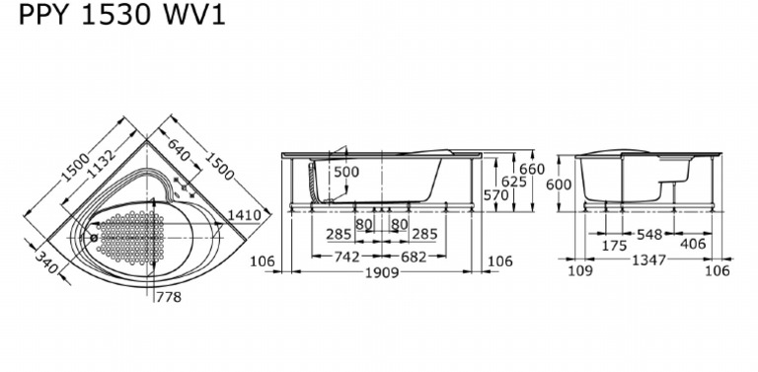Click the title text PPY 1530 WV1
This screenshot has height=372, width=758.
(121, 15)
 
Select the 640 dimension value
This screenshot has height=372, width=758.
(179, 150)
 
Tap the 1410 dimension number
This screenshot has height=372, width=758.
(244, 214)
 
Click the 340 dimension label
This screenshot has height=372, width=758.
(46, 263)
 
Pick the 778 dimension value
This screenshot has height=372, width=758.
(169, 297)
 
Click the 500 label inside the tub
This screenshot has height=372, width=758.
(346, 172)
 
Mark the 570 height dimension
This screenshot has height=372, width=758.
(496, 194)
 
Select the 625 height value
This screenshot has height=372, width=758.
(514, 182)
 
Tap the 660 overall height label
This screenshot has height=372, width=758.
(532, 169)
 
